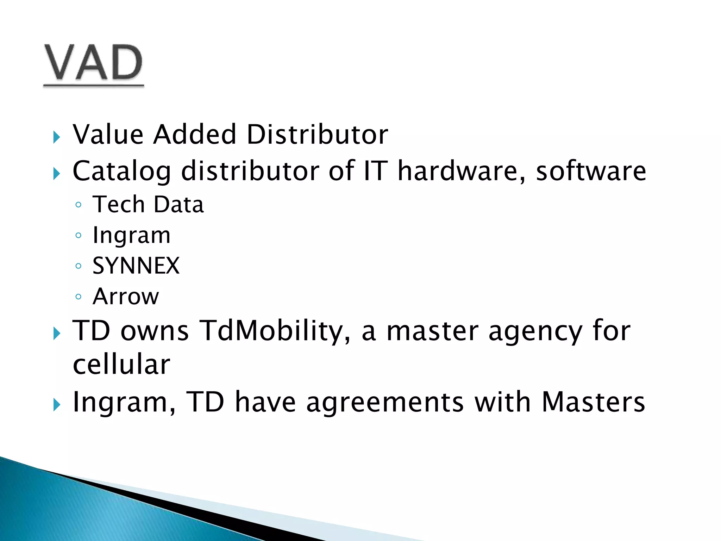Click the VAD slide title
(x=93, y=63)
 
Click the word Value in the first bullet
(x=108, y=135)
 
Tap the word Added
(x=195, y=135)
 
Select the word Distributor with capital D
(x=317, y=135)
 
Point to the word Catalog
(x=122, y=172)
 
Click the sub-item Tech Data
(x=148, y=205)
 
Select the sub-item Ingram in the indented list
(x=131, y=236)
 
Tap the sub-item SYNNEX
(x=136, y=266)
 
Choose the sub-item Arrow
(x=126, y=297)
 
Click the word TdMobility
(x=275, y=331)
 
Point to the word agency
(x=535, y=331)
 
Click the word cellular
(x=121, y=365)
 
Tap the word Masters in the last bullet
(x=593, y=402)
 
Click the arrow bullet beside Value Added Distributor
(x=56, y=137)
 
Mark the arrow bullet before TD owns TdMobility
(x=56, y=333)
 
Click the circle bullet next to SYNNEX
(x=79, y=266)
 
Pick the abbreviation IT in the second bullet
(x=375, y=171)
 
